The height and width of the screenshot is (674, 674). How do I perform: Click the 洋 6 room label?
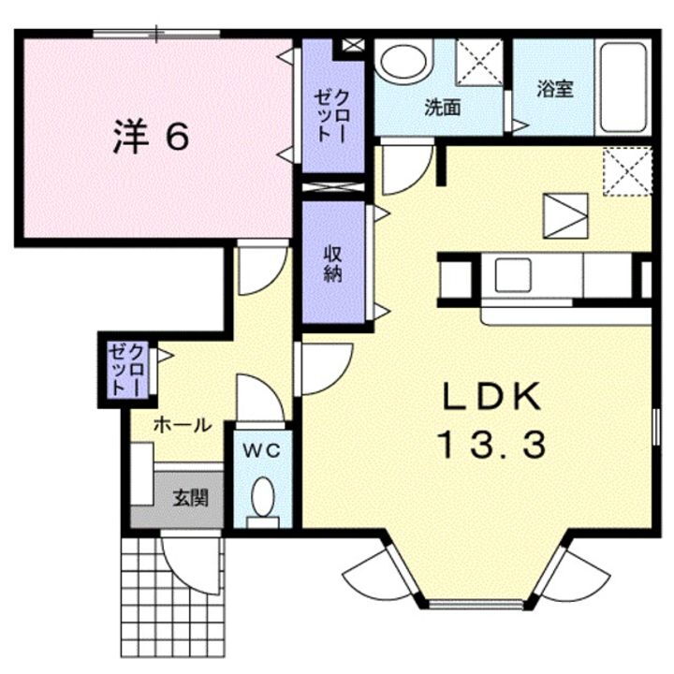click(152, 137)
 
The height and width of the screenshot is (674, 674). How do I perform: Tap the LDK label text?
click(492, 398)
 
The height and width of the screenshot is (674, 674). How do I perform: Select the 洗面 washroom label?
click(442, 108)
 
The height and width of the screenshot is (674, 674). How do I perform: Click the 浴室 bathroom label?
click(554, 90)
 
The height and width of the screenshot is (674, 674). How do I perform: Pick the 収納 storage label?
click(332, 263)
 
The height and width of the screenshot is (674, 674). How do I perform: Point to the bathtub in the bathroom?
click(623, 87)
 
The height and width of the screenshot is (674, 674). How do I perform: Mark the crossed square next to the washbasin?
click(479, 63)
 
